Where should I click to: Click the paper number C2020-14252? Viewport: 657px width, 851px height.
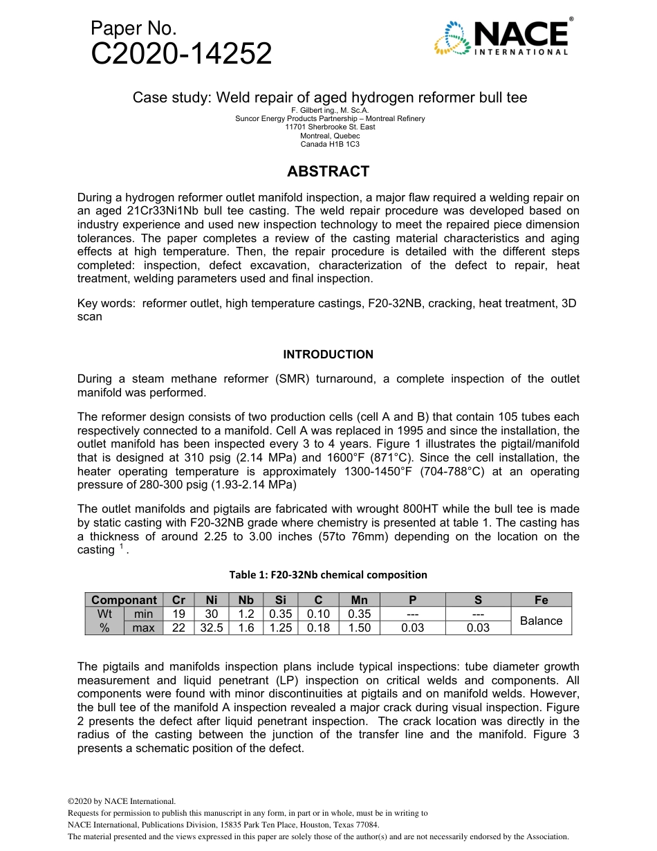pyautogui.click(x=181, y=54)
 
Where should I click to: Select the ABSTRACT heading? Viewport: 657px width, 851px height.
pyautogui.click(x=328, y=171)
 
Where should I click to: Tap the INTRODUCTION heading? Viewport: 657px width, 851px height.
pyautogui.click(x=328, y=354)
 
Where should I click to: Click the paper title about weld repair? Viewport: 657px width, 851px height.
pyautogui.click(x=329, y=98)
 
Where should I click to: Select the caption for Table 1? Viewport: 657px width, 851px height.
pyautogui.click(x=328, y=574)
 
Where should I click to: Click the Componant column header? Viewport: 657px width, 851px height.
pyautogui.click(x=124, y=600)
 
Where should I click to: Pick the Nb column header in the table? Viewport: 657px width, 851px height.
pyautogui.click(x=246, y=600)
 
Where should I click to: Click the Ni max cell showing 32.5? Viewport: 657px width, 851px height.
pyautogui.click(x=212, y=628)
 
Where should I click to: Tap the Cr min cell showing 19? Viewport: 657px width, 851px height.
pyautogui.click(x=178, y=614)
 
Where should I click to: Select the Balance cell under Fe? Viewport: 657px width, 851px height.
pyautogui.click(x=541, y=621)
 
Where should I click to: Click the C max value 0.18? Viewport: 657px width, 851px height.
pyautogui.click(x=318, y=628)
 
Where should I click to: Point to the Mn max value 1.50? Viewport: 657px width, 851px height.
pyautogui.click(x=360, y=628)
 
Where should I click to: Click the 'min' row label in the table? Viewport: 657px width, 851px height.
pyautogui.click(x=144, y=614)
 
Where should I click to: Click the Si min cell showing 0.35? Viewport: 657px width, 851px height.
pyautogui.click(x=280, y=614)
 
